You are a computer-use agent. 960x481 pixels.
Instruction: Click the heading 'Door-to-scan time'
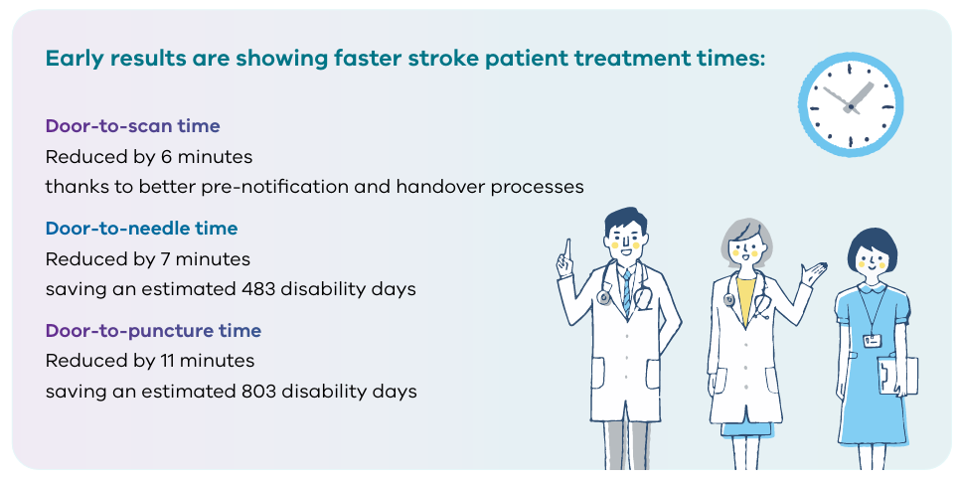click(x=132, y=126)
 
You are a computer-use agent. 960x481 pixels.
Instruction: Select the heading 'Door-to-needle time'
click(x=141, y=229)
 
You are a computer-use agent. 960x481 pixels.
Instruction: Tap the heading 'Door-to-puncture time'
click(x=153, y=331)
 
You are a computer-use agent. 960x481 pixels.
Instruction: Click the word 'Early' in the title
click(x=75, y=60)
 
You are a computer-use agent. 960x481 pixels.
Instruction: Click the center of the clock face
click(x=851, y=107)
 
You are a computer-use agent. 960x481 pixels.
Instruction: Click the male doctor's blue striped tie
click(x=626, y=291)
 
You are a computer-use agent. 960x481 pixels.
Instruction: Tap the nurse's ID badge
click(x=872, y=341)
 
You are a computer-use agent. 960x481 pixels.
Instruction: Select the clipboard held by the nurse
click(x=897, y=376)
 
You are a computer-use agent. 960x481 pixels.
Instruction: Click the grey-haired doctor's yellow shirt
click(x=745, y=299)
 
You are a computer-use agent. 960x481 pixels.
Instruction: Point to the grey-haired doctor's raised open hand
click(x=814, y=273)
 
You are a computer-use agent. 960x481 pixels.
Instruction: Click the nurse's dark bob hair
click(x=872, y=244)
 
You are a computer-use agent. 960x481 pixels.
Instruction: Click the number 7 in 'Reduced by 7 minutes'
click(x=165, y=258)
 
